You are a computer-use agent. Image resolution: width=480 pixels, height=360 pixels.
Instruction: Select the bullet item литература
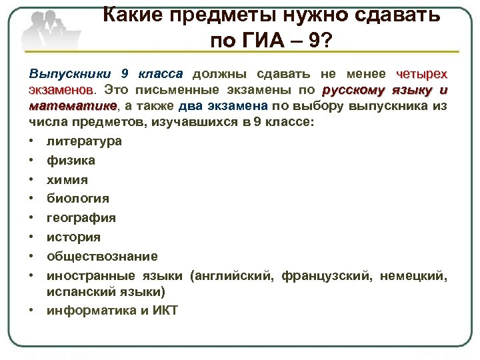[84, 141]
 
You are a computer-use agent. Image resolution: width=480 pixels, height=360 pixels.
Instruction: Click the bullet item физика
[71, 161]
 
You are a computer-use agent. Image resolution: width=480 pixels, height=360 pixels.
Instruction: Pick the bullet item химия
[67, 180]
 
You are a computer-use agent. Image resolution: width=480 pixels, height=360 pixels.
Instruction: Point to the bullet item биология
[78, 199]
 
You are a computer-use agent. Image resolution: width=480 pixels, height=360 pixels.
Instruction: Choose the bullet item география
[81, 218]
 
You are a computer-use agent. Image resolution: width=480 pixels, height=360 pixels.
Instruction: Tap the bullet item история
[73, 237]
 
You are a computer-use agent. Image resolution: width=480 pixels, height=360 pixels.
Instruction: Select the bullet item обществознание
[102, 257]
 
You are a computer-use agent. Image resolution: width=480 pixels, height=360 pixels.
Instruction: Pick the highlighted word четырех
[421, 74]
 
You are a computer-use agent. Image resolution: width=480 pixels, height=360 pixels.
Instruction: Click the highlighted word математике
[73, 106]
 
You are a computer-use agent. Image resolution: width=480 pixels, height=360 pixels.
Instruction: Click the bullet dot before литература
[33, 142]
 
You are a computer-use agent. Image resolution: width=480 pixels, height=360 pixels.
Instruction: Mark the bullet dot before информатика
[33, 311]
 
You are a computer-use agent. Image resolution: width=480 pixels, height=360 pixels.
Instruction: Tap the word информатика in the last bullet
[87, 310]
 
